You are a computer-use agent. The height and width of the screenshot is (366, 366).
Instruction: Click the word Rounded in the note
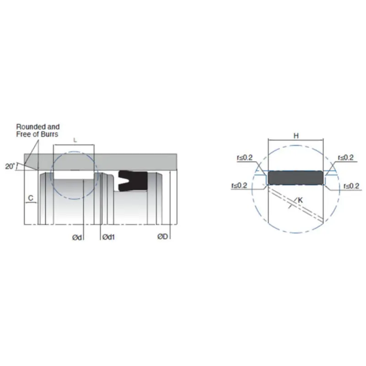[29, 126]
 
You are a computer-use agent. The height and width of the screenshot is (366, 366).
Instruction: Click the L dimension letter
[75, 140]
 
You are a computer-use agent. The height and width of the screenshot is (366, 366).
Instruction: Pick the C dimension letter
[30, 198]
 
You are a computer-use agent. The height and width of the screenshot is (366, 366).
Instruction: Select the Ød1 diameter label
[109, 237]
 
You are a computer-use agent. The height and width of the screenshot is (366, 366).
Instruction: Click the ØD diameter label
[163, 237]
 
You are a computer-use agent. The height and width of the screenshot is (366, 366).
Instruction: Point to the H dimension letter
[296, 135]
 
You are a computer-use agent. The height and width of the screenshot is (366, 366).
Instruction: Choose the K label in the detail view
[300, 200]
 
